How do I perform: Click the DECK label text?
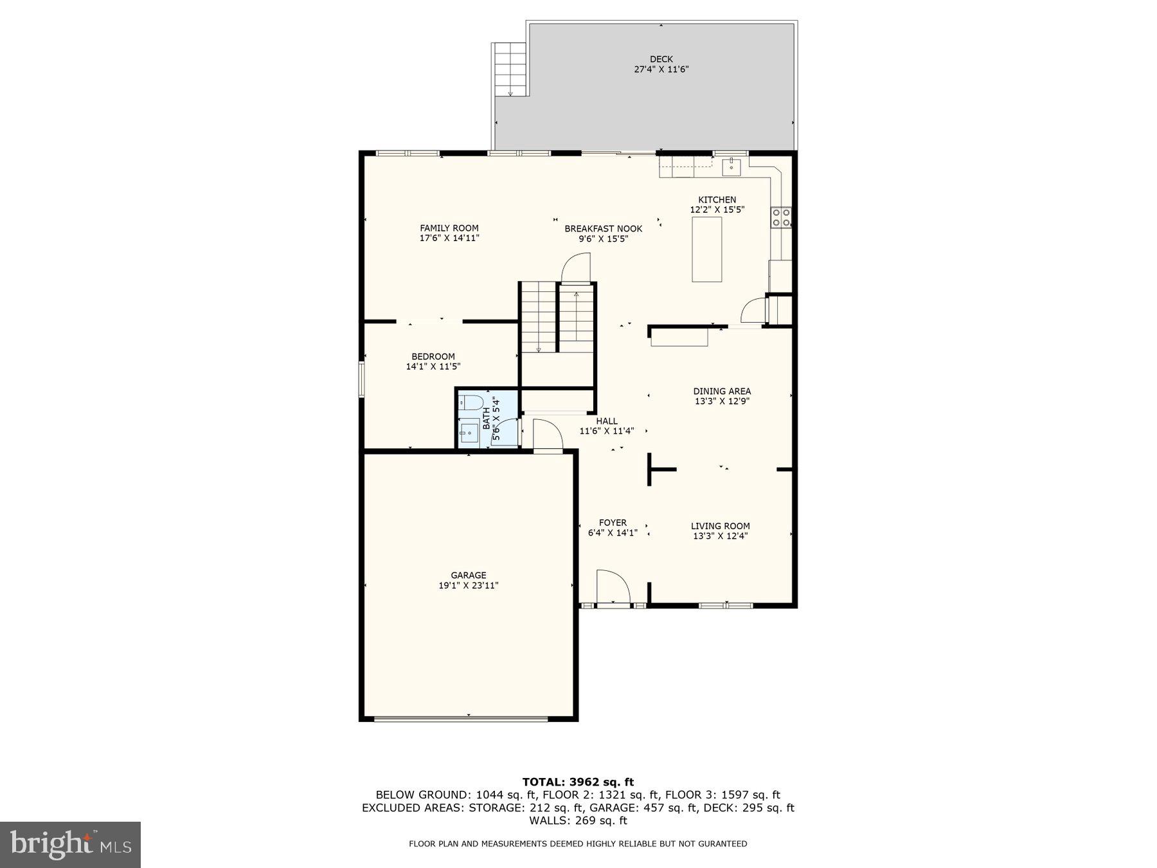click(661, 59)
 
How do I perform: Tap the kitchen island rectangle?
click(706, 249)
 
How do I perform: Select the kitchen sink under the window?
click(731, 167)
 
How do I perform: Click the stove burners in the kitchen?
click(782, 217)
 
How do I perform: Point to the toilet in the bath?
click(472, 403)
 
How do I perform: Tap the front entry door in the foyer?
click(612, 586)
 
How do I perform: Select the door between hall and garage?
click(546, 436)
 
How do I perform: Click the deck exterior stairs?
click(510, 69)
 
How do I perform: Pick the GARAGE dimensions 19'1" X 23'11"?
click(468, 586)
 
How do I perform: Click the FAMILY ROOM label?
click(449, 228)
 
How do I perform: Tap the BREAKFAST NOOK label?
click(603, 229)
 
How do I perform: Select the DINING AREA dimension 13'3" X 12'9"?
click(722, 401)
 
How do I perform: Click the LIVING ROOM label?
click(720, 526)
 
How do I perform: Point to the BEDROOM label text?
click(433, 357)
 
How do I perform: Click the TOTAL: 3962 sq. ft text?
click(578, 782)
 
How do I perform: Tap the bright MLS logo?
click(70, 844)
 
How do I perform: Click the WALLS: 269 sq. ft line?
click(578, 820)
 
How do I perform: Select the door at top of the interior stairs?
click(576, 269)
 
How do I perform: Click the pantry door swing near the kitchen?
click(752, 312)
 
